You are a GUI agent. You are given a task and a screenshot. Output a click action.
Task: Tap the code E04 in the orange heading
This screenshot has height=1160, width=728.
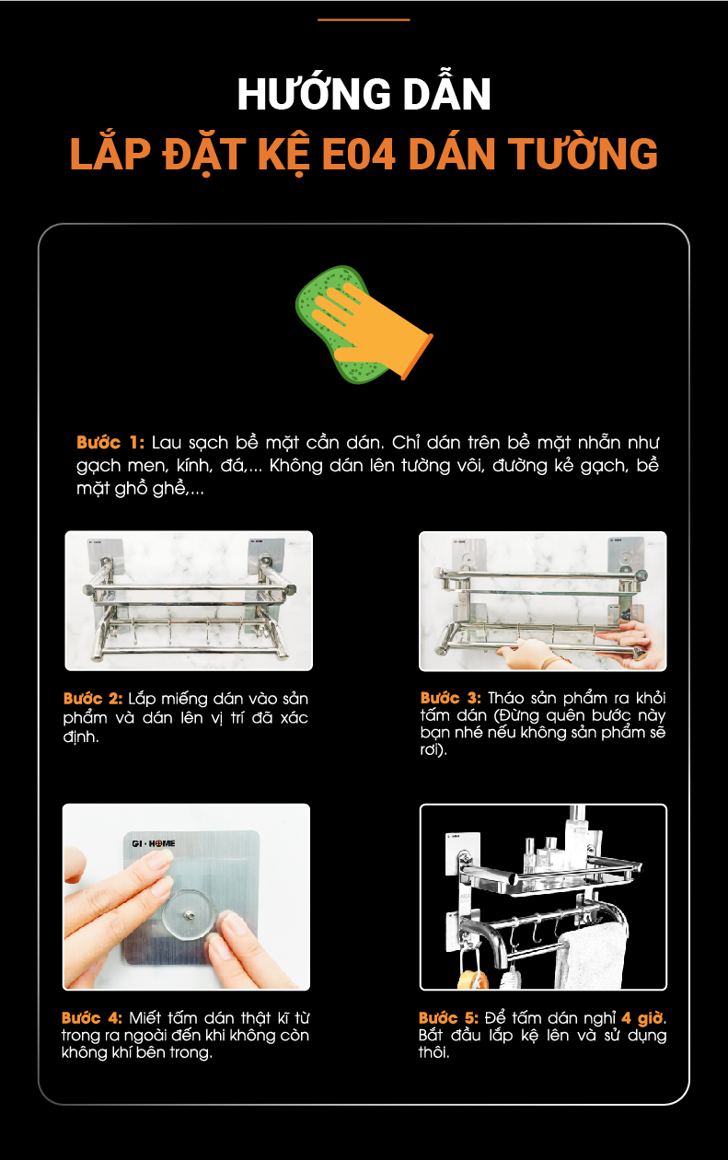tap(358, 154)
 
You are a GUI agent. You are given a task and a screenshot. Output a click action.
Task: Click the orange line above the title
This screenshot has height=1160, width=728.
tap(364, 20)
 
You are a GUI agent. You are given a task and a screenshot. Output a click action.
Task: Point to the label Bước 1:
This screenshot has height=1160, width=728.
tap(110, 442)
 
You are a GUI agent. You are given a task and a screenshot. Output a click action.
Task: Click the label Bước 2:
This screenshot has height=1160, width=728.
tap(93, 699)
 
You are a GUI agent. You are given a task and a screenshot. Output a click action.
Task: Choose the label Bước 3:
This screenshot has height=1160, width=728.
tap(450, 698)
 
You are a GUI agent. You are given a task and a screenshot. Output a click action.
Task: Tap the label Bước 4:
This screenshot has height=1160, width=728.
tap(92, 1017)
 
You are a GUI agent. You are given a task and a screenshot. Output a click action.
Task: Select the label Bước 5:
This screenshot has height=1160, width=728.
tap(448, 1017)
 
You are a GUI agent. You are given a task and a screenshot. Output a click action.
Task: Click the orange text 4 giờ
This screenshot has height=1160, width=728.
tap(642, 1017)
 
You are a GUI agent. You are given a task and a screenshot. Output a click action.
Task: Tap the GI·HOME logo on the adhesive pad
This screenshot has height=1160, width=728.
tap(154, 843)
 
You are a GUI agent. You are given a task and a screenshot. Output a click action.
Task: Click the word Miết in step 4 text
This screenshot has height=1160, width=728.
tap(145, 1017)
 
